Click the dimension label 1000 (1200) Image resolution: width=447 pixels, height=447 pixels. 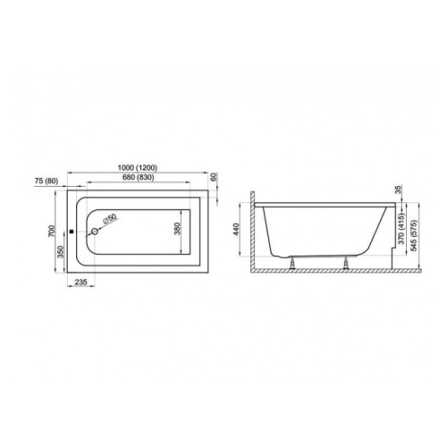pyautogui.click(x=138, y=168)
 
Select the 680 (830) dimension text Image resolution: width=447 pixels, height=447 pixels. pyautogui.click(x=139, y=177)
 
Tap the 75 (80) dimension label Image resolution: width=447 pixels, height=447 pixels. pyautogui.click(x=46, y=181)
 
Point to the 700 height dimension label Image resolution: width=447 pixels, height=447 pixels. pyautogui.click(x=52, y=231)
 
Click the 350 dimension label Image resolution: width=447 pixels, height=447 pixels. pyautogui.click(x=61, y=252)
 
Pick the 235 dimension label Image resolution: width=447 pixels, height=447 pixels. pyautogui.click(x=80, y=282)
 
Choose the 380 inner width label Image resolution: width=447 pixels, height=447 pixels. pyautogui.click(x=177, y=229)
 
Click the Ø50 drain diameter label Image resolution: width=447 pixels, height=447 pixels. pyautogui.click(x=109, y=219)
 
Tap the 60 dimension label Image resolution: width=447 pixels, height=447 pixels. pyautogui.click(x=214, y=177)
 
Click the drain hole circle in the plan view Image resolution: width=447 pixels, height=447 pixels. pyautogui.click(x=95, y=232)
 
